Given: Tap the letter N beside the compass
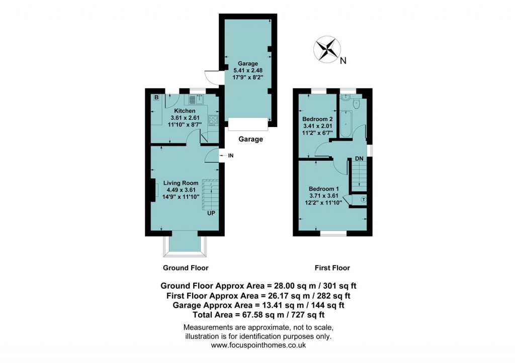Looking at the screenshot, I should [343, 61].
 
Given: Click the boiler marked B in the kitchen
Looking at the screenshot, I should [156, 97].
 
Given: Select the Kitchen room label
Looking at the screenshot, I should [185, 110].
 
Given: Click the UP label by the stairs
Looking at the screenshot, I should [212, 213].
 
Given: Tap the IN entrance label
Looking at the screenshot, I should [231, 156].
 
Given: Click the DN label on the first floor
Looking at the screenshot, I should [359, 159].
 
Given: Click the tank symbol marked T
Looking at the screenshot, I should [363, 200].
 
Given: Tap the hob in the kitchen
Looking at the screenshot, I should [213, 120].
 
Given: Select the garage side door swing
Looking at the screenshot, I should [212, 77].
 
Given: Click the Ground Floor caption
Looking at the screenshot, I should [186, 268].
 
